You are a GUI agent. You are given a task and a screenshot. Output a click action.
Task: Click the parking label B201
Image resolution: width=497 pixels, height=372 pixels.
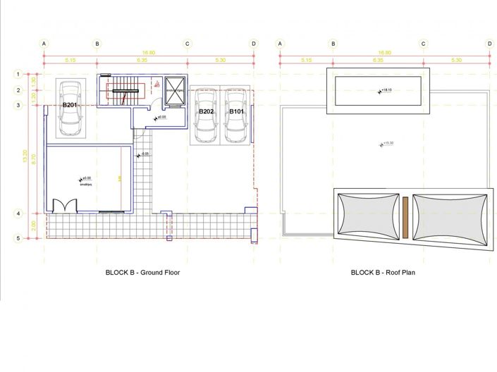point(69,105)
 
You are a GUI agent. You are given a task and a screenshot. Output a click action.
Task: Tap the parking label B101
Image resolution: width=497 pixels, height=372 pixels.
point(235,111)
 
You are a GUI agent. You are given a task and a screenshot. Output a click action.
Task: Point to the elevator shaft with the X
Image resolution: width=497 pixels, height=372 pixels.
point(173,91)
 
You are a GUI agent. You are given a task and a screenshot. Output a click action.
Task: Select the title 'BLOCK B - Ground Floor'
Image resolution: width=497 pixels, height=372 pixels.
point(143,272)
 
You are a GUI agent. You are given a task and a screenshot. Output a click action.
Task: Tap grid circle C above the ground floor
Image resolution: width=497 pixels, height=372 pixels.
point(188,44)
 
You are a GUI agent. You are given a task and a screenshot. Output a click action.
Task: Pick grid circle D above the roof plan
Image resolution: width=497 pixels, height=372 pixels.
point(489,44)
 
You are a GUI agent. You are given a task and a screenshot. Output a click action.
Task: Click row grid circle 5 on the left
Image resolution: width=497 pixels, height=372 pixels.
point(18,239)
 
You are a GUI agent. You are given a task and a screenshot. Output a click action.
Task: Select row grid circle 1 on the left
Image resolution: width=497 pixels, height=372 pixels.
point(18,73)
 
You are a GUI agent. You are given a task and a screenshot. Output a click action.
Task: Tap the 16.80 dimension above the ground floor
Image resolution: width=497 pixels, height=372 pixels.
point(148,52)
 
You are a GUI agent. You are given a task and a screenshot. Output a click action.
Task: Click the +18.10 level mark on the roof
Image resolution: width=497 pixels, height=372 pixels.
point(385,90)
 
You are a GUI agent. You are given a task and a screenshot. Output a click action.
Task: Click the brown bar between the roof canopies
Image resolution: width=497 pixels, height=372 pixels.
point(406,218)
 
